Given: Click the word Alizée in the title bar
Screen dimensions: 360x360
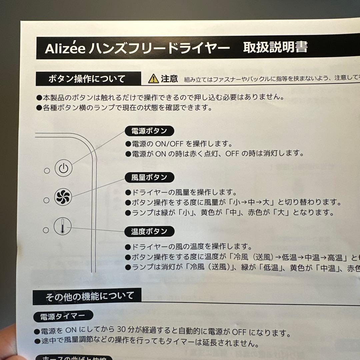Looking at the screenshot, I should (66, 49).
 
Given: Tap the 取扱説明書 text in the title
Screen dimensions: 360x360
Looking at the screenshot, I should (275, 47).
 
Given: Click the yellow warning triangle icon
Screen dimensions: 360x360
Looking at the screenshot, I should (153, 79).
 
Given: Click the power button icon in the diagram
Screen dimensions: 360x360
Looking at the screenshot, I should (63, 168).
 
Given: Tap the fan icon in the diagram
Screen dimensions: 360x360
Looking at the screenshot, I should (63, 197).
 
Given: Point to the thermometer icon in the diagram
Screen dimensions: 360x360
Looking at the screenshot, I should (63, 226).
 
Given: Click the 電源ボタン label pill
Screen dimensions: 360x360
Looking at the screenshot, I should (149, 131).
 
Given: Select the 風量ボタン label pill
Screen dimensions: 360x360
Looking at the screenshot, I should (149, 177).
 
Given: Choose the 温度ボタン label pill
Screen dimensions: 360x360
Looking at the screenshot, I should (149, 232).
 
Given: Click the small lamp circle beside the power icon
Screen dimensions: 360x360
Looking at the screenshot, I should (47, 171).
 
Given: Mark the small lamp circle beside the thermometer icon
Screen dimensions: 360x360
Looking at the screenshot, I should (47, 230).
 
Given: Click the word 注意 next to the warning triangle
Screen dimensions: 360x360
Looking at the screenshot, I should (169, 79).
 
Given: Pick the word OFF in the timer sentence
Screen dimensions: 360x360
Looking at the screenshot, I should (239, 332).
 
